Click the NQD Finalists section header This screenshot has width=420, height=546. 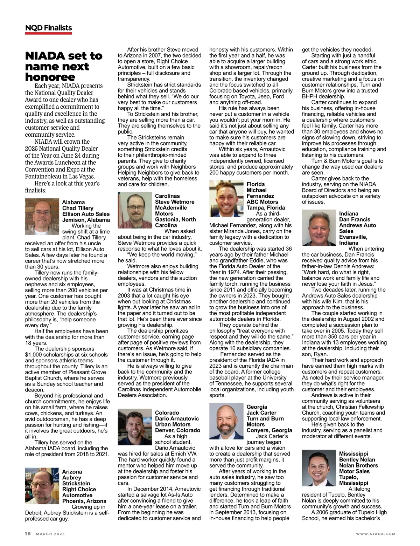click(48, 28)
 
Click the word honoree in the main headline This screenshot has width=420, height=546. click(50, 77)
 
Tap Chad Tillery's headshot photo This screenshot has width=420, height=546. click(42, 217)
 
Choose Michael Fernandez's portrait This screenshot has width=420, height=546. click(226, 199)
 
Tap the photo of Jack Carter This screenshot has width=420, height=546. click(226, 421)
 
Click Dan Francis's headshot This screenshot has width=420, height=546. click(319, 227)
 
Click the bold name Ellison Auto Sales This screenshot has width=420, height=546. click(86, 214)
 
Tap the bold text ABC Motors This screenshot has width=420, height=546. click(262, 202)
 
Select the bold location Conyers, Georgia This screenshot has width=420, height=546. click(269, 430)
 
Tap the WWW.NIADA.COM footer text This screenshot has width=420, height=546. click(376, 534)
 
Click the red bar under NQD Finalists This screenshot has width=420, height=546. click(48, 34)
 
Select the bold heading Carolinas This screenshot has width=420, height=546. click(167, 196)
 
